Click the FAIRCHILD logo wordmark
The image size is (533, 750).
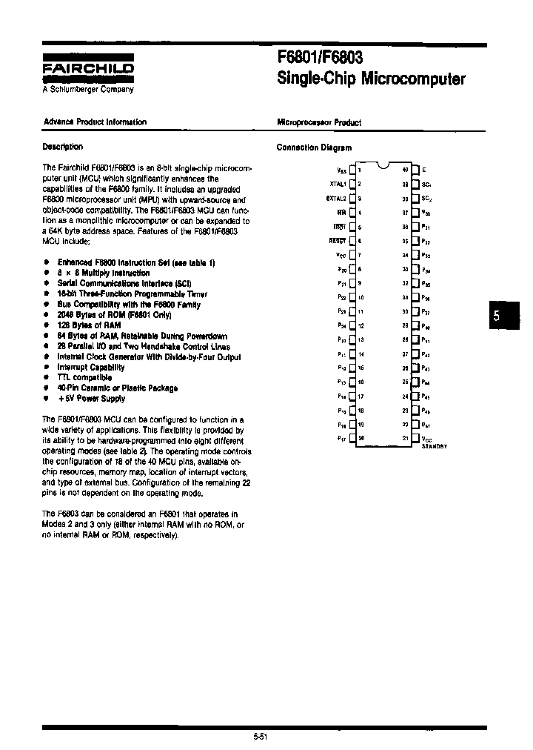coord(88,69)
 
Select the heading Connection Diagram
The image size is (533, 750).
coord(314,147)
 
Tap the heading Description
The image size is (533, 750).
coord(63,147)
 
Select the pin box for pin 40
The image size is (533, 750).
coord(415,170)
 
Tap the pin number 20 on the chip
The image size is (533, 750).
coord(361,438)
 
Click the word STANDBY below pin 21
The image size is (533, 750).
coord(435,447)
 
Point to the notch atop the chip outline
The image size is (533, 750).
coord(383,165)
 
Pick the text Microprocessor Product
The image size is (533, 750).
coord(318,122)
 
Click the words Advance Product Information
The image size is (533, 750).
coord(95,122)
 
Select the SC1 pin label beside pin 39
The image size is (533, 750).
coord(426,185)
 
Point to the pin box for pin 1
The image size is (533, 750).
coord(352,170)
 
